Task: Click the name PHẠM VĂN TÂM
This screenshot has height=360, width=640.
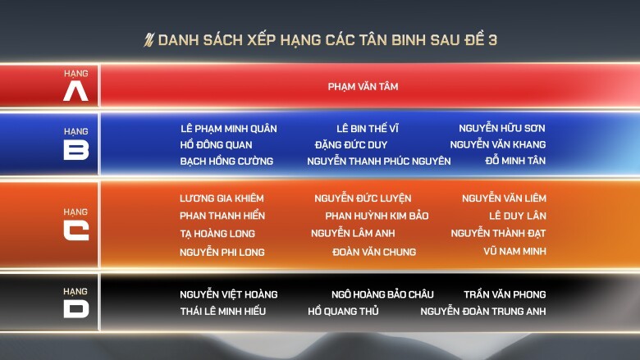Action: [x=363, y=86]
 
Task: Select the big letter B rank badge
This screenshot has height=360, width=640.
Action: [x=76, y=149]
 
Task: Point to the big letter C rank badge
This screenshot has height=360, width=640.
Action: [x=76, y=230]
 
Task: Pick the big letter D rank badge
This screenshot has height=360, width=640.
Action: [x=76, y=308]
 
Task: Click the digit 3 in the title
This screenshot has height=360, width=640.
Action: [x=492, y=40]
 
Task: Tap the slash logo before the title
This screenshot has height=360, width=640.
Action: [x=149, y=40]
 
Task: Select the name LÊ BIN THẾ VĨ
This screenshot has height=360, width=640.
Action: [x=368, y=129]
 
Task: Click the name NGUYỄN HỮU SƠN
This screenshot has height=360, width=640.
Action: [x=502, y=128]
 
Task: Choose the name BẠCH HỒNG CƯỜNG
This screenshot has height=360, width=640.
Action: [x=226, y=161]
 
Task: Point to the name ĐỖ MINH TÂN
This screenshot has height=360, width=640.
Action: [x=515, y=161]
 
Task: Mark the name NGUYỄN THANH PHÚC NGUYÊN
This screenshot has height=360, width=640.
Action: [x=379, y=161]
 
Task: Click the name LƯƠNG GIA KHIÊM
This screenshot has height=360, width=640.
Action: [x=222, y=198]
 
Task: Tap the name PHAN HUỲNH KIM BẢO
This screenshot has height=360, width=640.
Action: [x=377, y=216]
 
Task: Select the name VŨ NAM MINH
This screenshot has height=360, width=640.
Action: [x=514, y=251]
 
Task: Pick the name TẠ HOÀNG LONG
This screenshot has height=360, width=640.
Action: [x=217, y=234]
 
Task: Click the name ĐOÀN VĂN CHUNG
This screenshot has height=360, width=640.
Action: [x=374, y=252]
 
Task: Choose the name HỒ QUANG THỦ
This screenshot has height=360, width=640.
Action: [x=343, y=311]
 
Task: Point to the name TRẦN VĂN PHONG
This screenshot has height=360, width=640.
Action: [x=505, y=294]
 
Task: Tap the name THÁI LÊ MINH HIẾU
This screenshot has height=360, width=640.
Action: [x=223, y=311]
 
